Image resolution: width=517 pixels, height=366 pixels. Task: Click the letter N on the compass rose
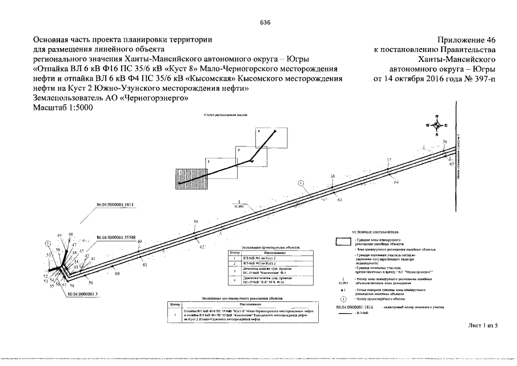click(436, 116)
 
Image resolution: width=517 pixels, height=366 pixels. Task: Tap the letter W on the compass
click(427, 125)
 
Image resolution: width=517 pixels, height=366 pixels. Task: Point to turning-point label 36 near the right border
click(445, 141)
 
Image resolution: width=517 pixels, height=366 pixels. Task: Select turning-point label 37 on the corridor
click(389, 160)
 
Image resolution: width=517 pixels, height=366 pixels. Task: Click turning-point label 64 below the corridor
click(396, 182)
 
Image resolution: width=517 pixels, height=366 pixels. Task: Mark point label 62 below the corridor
click(202, 246)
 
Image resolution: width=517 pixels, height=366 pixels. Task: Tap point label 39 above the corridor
click(195, 222)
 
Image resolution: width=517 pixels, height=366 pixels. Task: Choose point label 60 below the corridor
click(117, 274)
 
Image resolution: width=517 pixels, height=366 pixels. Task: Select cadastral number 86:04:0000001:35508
click(117, 236)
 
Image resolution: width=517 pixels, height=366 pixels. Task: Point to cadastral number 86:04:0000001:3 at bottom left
click(83, 293)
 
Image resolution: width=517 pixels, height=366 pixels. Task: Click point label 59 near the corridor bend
click(90, 282)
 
